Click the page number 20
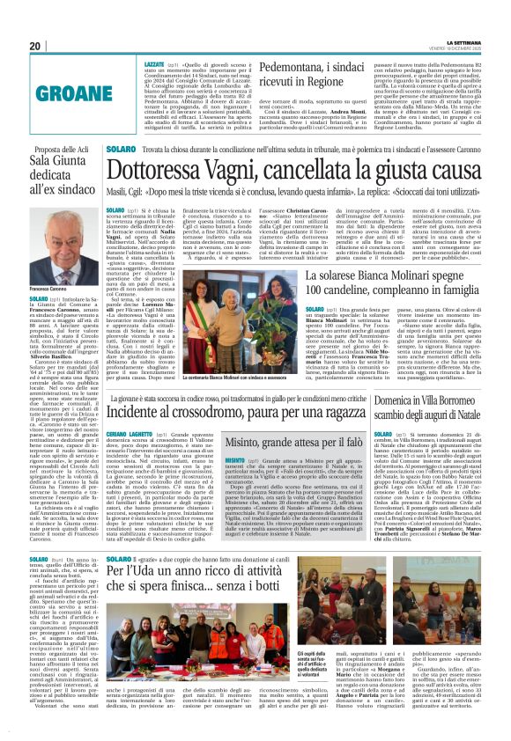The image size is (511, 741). (x=34, y=46)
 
